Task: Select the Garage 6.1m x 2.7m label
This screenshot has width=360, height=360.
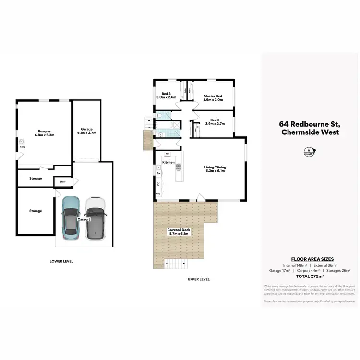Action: [x=86, y=131]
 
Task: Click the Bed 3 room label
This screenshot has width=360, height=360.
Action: [x=166, y=95]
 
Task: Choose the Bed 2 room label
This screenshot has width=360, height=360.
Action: [x=215, y=121]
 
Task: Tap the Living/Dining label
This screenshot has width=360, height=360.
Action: [x=215, y=169]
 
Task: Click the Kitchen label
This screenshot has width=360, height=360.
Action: [x=168, y=163]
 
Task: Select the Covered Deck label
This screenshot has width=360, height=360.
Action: [x=179, y=232]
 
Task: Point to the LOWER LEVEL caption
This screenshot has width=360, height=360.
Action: [x=61, y=261]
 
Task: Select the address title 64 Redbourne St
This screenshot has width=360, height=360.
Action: [x=309, y=123]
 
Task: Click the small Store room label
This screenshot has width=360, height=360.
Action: [x=62, y=182]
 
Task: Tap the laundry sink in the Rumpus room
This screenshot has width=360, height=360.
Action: [x=22, y=142]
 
